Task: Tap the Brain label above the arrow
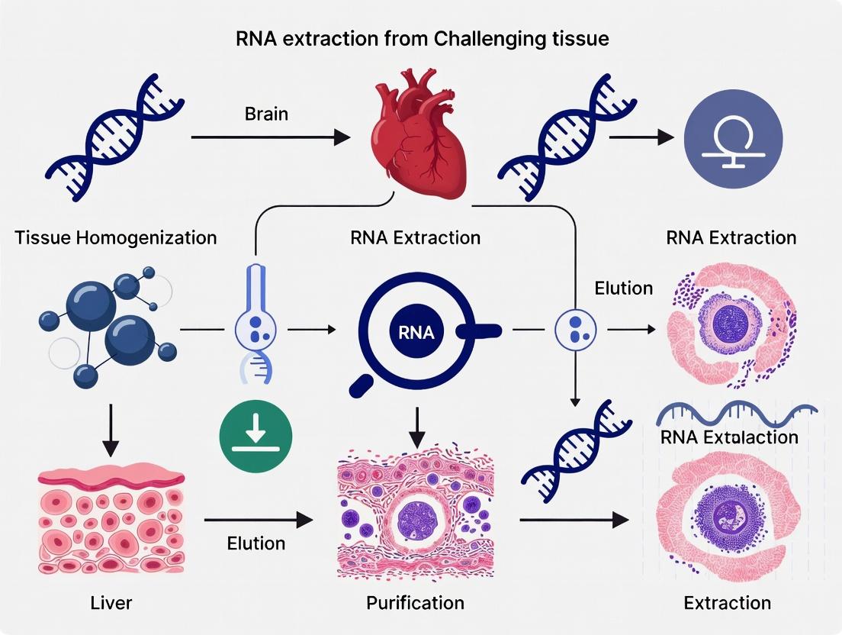pyautogui.click(x=267, y=114)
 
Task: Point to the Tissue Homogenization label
pyautogui.click(x=116, y=237)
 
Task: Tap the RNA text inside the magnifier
pyautogui.click(x=416, y=332)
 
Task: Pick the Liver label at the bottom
pyautogui.click(x=111, y=603)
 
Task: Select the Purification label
pyautogui.click(x=415, y=603)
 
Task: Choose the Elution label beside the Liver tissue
pyautogui.click(x=256, y=543)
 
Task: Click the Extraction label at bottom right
pyautogui.click(x=727, y=603)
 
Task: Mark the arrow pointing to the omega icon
pyautogui.click(x=641, y=138)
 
